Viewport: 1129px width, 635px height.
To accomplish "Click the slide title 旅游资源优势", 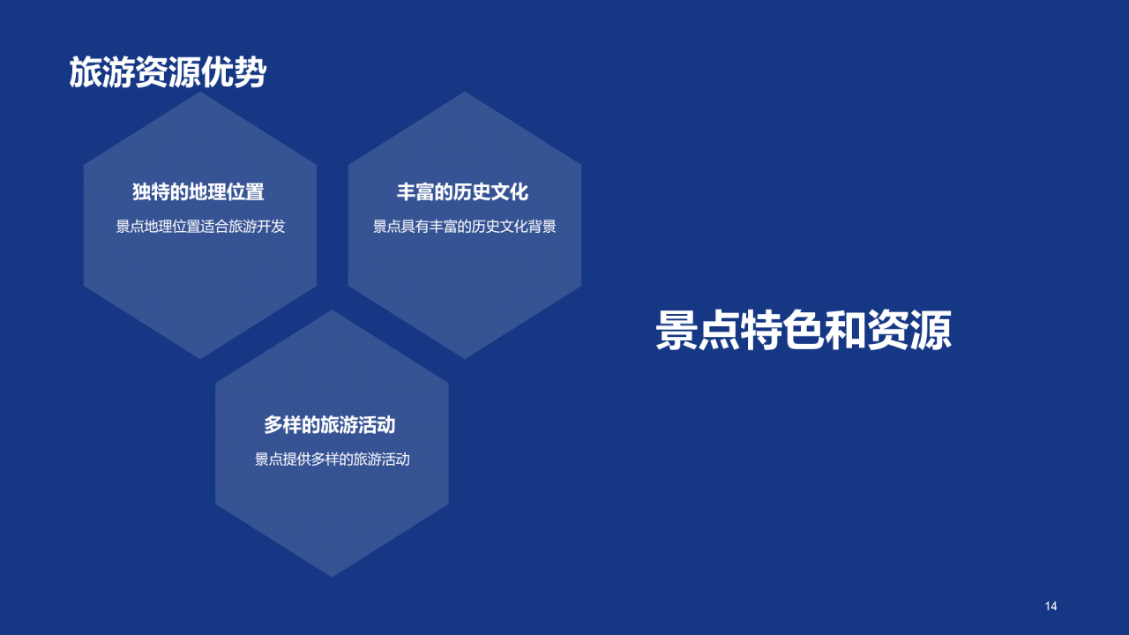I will tap(168, 73).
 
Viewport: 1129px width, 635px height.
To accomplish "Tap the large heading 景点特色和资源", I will tap(803, 331).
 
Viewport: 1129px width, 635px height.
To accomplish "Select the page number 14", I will tap(1050, 606).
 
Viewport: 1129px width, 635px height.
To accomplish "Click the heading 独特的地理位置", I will tap(198, 191).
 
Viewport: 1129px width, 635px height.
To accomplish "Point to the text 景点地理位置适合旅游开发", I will tap(200, 227).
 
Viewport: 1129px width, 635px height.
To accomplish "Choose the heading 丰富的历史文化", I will tap(462, 191).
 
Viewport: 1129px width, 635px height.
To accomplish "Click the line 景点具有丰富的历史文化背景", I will tap(464, 227).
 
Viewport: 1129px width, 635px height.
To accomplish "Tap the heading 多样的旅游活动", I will tap(330, 425).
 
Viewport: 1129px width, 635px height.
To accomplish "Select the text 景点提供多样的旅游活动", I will tap(332, 459).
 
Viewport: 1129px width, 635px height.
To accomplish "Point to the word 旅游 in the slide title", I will tap(102, 73).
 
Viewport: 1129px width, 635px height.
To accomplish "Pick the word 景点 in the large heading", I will tap(698, 331).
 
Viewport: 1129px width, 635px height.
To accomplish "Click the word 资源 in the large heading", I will tap(909, 331).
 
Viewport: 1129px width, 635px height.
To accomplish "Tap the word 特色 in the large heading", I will tap(782, 331).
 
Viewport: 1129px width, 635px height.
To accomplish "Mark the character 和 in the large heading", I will tap(846, 331).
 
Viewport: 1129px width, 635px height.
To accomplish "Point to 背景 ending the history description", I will tap(542, 227).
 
